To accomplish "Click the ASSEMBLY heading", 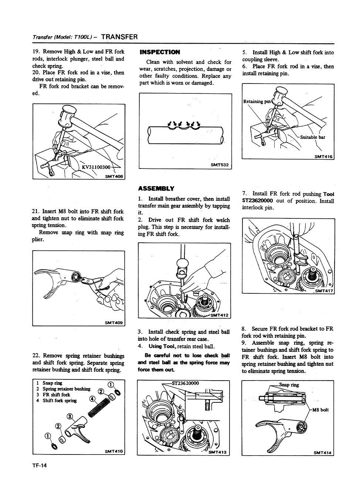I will tap(156, 188).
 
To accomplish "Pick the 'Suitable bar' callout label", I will tap(313, 137).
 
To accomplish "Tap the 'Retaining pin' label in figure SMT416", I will tap(257, 101).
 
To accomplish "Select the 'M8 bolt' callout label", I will tap(320, 410).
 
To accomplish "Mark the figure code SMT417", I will tap(324, 291).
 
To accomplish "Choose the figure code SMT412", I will tap(219, 315).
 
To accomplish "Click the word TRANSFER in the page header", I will tap(119, 37).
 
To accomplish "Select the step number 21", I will tap(35, 211).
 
